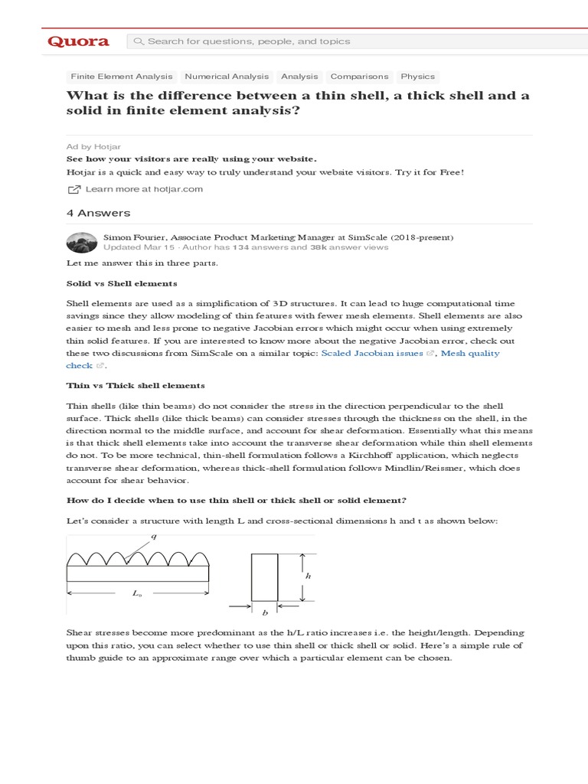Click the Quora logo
78,41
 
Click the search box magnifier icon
139,41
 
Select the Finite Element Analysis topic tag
122,77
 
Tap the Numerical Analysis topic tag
227,77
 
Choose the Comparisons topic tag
359,77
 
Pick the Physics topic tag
417,77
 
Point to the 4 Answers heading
99,213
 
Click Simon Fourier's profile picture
81,242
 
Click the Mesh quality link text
470,353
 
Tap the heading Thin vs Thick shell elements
136,385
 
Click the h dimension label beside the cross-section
308,577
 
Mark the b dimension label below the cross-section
264,613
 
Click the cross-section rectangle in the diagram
264,577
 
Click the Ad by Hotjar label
93,146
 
